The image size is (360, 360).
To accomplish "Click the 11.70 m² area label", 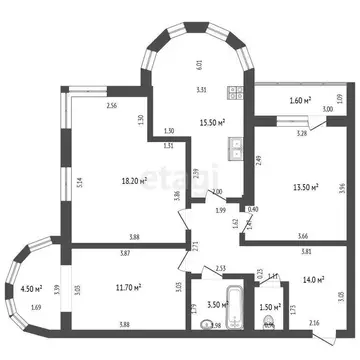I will [127, 288].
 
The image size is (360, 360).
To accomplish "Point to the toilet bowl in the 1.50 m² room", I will [268, 322].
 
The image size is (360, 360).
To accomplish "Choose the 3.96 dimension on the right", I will [342, 185].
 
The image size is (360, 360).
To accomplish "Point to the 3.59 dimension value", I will [57, 290].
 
